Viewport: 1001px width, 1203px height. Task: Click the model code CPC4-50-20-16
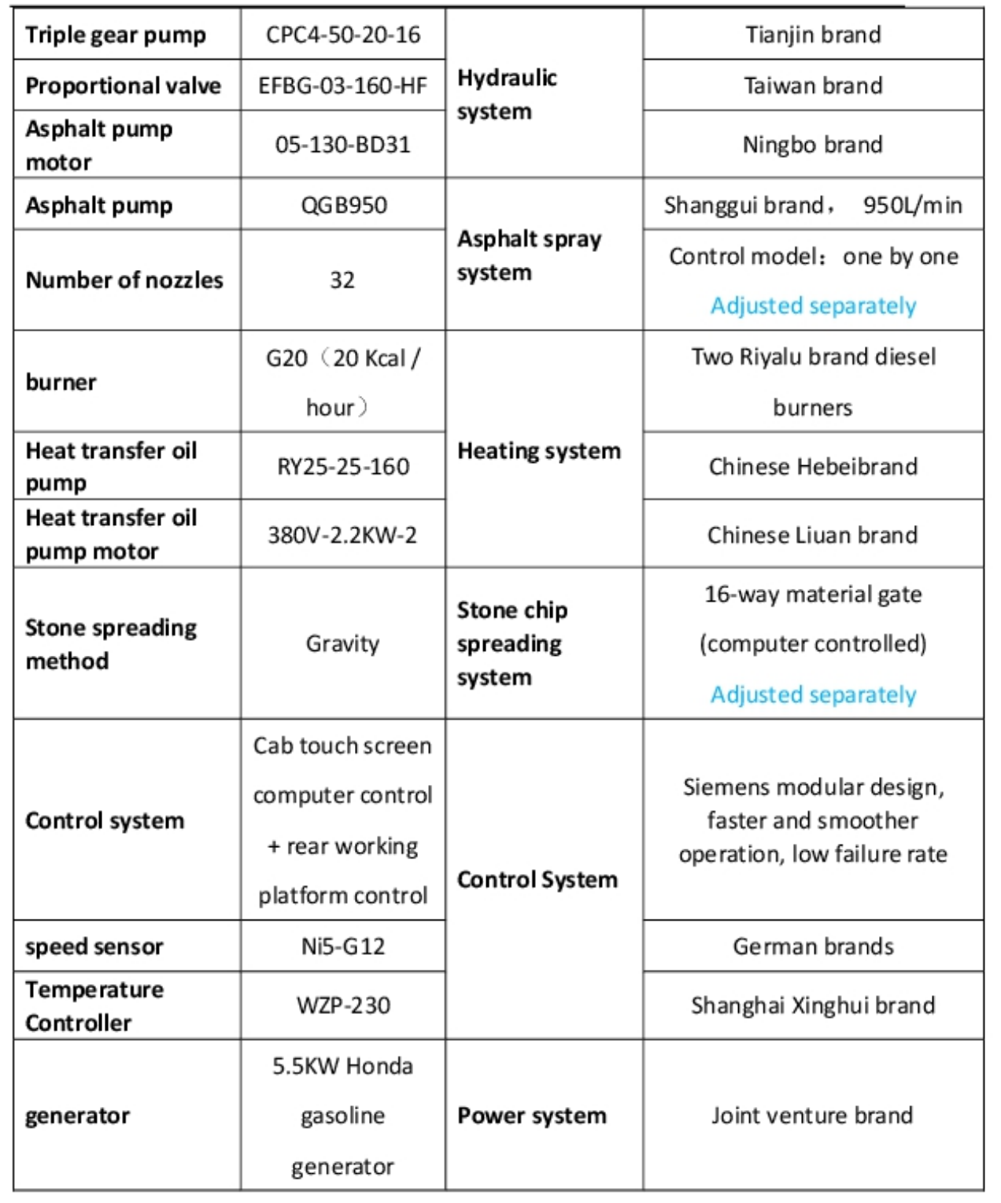[x=343, y=35]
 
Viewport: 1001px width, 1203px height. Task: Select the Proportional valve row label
[x=123, y=86]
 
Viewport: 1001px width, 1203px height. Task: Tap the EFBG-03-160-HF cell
[x=343, y=86]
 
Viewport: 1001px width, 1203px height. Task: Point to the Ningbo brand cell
[x=812, y=145]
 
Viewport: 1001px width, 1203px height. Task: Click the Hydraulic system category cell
[x=507, y=94]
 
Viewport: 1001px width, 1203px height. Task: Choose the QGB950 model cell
[x=343, y=205]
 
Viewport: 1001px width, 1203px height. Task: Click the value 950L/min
[x=912, y=205]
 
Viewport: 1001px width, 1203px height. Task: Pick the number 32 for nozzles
[x=342, y=280]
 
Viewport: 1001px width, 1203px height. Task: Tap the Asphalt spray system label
[x=529, y=255]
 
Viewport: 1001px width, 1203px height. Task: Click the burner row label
[x=61, y=383]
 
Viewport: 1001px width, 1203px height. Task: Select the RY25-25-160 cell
[x=343, y=467]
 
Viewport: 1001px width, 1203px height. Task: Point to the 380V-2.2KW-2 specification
[x=342, y=535]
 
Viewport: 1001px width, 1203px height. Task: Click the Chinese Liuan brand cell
[x=812, y=535]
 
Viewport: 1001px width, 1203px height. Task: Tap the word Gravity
[x=342, y=644]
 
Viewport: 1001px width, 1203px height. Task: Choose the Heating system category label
[x=539, y=451]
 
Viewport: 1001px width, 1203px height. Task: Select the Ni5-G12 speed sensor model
[x=343, y=946]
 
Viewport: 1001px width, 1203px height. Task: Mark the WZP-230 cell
[x=343, y=1005]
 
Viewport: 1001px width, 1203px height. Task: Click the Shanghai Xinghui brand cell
[x=813, y=1005]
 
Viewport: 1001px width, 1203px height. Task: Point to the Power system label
[x=532, y=1116]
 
